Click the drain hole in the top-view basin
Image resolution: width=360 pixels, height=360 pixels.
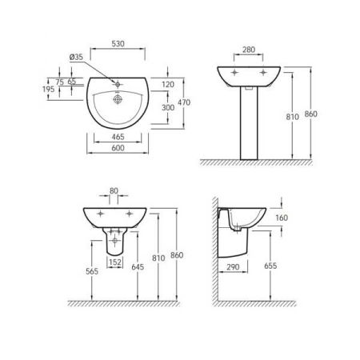[x=118, y=100]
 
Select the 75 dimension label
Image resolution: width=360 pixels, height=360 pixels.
[x=59, y=82]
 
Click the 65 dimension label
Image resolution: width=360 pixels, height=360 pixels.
[x=72, y=82]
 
